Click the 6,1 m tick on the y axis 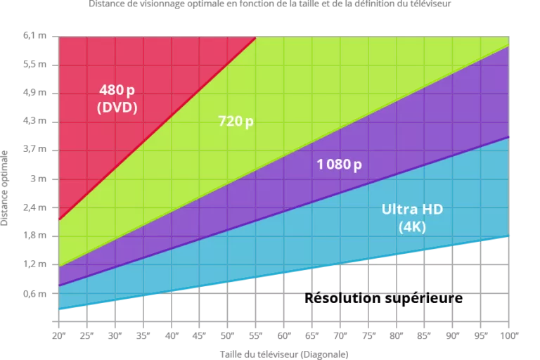point(34,35)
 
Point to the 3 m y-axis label point(38,179)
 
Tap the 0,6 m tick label point(34,293)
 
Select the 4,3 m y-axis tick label point(34,121)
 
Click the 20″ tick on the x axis point(58,335)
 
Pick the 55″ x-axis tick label point(255,335)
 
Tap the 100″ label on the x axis point(510,335)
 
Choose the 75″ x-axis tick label point(368,335)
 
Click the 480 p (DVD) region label point(117,98)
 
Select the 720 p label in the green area point(236,121)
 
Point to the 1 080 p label point(339,165)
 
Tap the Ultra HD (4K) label point(412,218)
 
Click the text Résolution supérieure point(383,298)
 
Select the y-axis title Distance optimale point(4,188)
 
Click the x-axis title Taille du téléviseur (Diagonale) point(284,354)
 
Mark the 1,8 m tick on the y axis point(34,236)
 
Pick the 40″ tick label point(171,335)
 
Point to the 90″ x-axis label point(453,335)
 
